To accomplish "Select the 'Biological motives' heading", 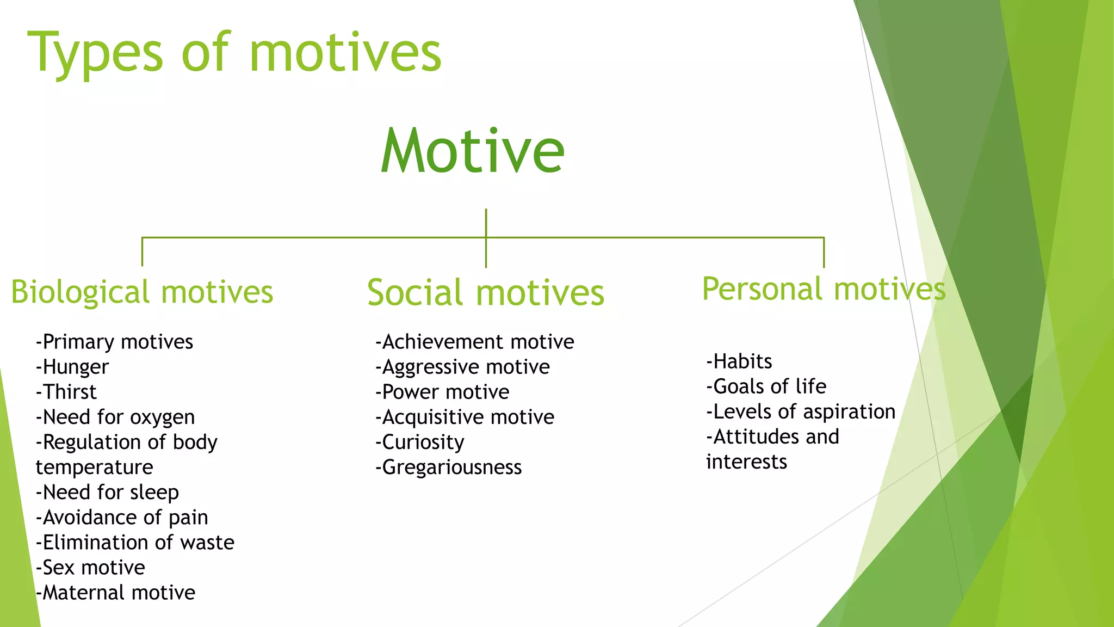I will pos(142,292).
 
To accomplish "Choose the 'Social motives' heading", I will pos(485,293).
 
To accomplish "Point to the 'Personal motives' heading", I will pos(824,289).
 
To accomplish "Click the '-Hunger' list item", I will pos(72,367).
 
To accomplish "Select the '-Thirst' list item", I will pos(66,392).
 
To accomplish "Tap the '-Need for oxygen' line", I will pos(115,417).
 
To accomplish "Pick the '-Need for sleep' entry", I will pos(107,492).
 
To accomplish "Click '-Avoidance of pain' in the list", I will pos(122,517).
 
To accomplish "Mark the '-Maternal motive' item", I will pos(115,592).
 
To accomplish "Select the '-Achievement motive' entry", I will pos(474,342).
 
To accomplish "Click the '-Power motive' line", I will pos(442,392).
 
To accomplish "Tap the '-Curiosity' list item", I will pos(420,442).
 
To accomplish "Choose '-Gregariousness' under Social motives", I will pos(449,467).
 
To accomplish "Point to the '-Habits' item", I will pos(739,361).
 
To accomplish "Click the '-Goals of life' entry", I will pos(766,386).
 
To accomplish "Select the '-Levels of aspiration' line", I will pos(801,411).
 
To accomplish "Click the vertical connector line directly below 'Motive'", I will pos(486,223).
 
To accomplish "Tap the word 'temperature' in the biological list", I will pos(95,467).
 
